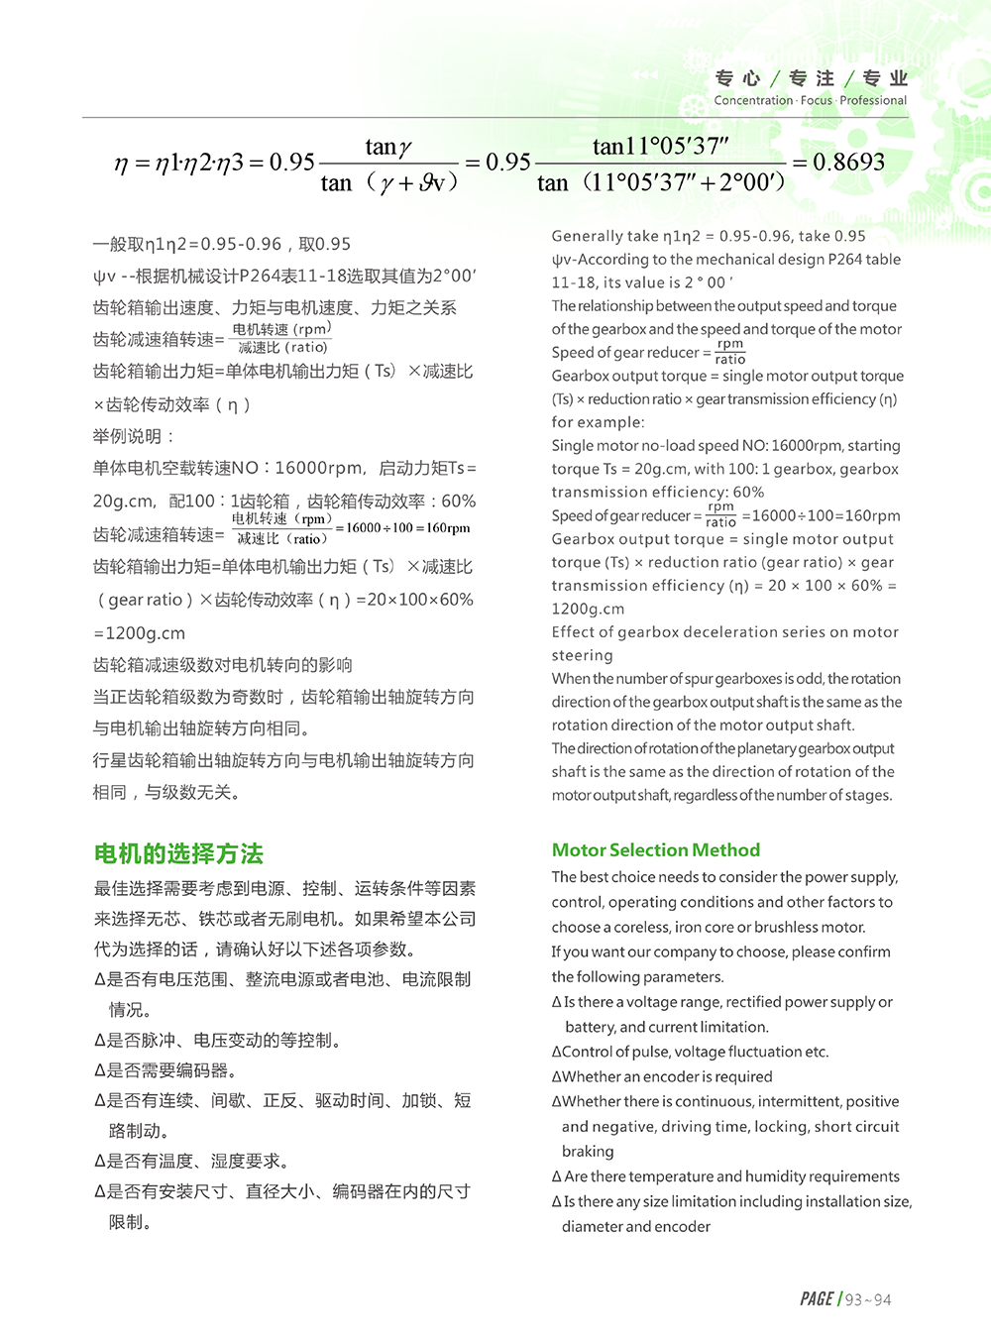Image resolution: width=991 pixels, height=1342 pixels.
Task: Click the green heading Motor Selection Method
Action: pos(655,849)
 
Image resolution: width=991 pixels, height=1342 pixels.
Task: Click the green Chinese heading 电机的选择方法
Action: pos(178,853)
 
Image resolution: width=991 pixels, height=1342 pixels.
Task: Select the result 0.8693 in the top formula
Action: pos(848,162)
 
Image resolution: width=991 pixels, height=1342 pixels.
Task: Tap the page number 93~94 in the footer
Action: pos(868,1299)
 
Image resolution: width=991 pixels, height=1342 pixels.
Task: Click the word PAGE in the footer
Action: pos(817,1299)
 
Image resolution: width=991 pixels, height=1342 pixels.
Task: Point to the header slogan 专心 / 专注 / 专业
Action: pos(811,78)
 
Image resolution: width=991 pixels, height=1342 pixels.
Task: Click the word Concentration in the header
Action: pos(753,100)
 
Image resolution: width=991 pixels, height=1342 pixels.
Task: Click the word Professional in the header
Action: pos(873,100)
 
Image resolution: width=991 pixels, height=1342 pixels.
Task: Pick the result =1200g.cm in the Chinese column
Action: pos(139,633)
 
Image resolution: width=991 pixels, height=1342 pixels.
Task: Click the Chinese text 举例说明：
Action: pos(134,436)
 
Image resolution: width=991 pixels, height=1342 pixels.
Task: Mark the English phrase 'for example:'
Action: pos(598,422)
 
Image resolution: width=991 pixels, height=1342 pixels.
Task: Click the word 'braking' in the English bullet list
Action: pos(588,1152)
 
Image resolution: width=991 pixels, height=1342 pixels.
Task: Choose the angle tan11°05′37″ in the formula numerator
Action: pos(660,147)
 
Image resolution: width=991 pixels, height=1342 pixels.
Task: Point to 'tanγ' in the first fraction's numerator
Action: pos(387,148)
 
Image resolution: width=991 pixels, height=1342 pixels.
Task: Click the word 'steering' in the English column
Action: pos(583,655)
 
